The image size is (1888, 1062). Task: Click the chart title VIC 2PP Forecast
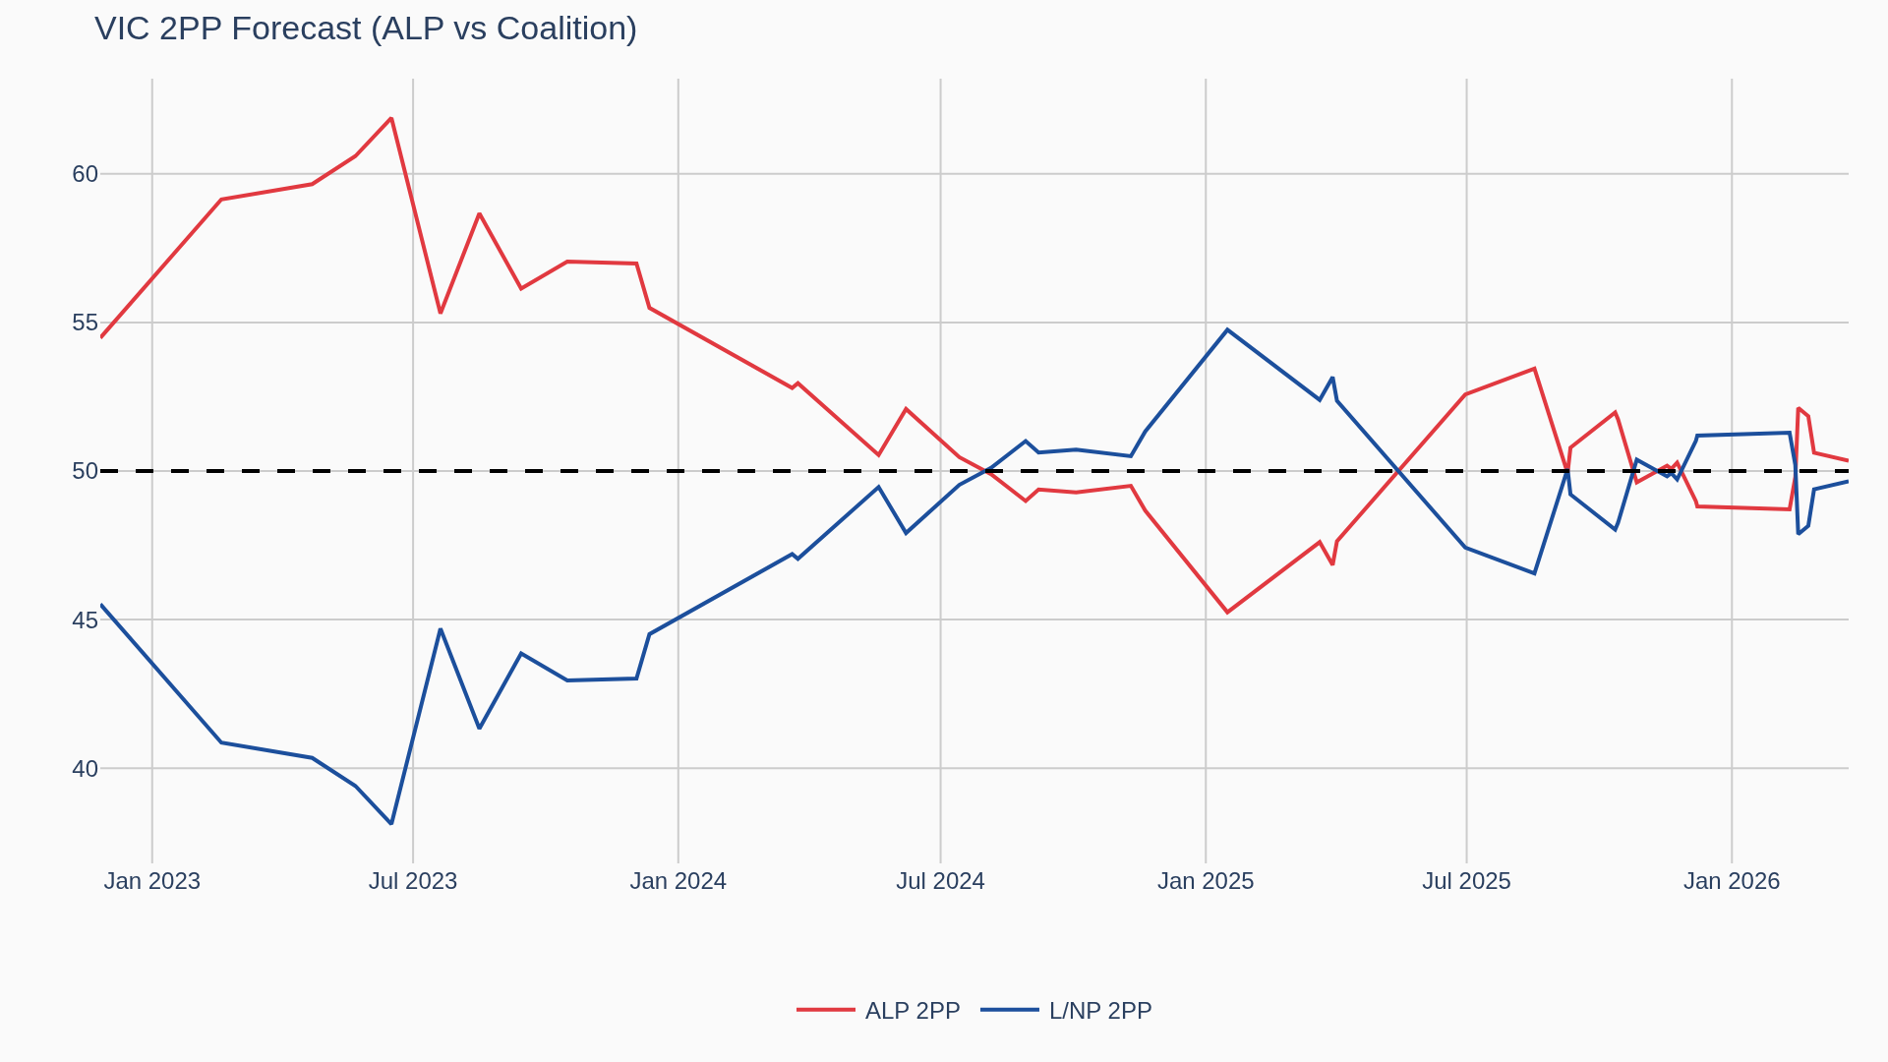(365, 29)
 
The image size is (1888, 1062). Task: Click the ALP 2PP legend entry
(878, 1011)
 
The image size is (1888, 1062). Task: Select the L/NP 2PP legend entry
(1067, 1011)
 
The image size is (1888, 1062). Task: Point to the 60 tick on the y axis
(85, 174)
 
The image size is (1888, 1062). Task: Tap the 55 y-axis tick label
(85, 323)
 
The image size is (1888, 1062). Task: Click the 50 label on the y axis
(85, 471)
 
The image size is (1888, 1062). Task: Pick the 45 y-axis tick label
(85, 620)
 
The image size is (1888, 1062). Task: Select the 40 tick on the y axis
(85, 769)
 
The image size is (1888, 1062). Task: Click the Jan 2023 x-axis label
(151, 881)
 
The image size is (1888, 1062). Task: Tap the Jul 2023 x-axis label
(413, 881)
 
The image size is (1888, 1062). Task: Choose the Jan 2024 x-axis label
(678, 881)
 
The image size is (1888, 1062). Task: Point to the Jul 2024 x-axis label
(940, 881)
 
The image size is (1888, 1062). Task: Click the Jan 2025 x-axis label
(1206, 881)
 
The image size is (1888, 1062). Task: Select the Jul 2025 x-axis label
(1466, 881)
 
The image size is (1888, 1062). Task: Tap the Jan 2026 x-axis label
(1731, 881)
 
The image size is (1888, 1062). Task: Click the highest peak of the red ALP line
(391, 119)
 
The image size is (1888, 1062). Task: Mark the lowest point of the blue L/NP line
(391, 823)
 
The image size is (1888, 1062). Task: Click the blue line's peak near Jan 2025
(1227, 329)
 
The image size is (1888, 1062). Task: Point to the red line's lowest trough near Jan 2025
(1227, 613)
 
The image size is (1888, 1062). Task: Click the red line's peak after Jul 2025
(1534, 369)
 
